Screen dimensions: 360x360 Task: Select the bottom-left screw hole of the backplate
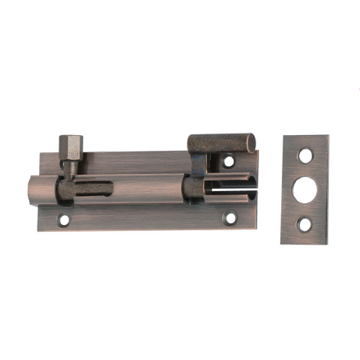click(64, 220)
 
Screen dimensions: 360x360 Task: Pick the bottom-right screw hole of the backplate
click(230, 218)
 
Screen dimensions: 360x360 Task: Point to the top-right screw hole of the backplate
click(229, 160)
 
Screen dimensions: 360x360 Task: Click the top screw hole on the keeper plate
click(305, 156)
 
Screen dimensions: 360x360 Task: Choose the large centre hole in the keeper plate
click(305, 188)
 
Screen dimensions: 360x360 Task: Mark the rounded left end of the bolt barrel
click(32, 191)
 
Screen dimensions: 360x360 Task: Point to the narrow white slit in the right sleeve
click(228, 191)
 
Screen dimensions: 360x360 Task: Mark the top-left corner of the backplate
click(39, 155)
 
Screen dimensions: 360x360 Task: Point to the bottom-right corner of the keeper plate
click(328, 243)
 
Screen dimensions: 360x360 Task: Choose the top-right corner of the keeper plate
click(328, 136)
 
